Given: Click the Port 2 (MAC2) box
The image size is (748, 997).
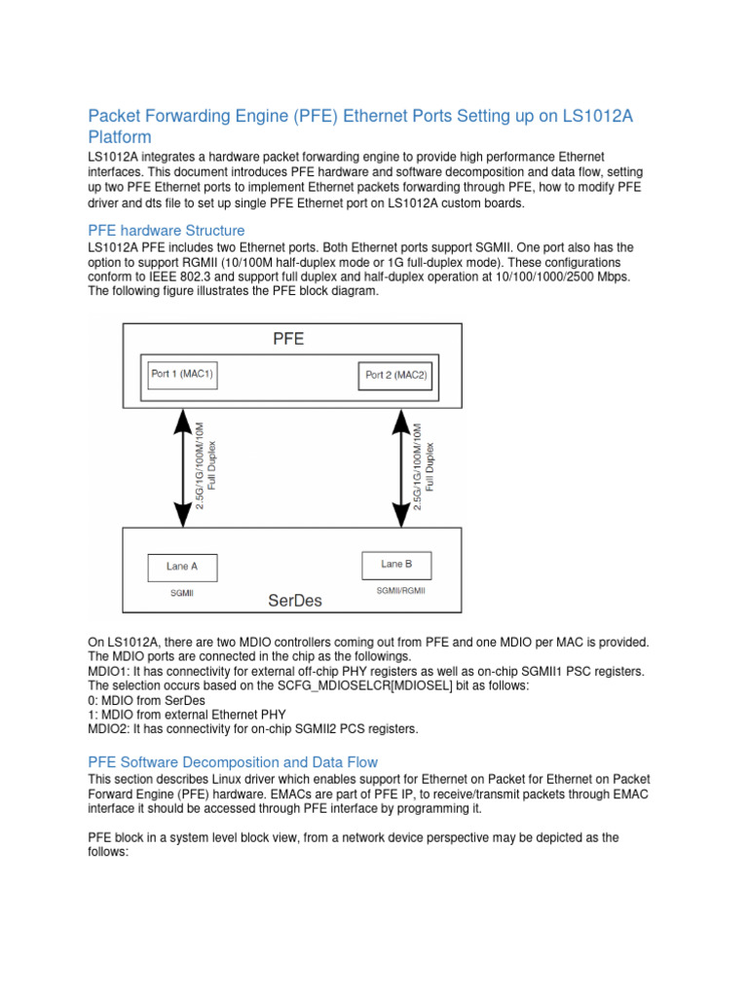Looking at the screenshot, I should click(395, 375).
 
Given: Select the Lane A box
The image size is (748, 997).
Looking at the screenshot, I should click(182, 568).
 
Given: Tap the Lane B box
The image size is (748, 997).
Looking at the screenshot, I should click(395, 565).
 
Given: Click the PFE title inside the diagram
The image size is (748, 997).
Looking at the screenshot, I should click(289, 340).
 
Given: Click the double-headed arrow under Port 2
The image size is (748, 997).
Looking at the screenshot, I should click(401, 465).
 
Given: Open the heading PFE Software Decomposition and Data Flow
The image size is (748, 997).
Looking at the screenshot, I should click(233, 762).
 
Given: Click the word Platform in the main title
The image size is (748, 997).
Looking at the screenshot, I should click(120, 137).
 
